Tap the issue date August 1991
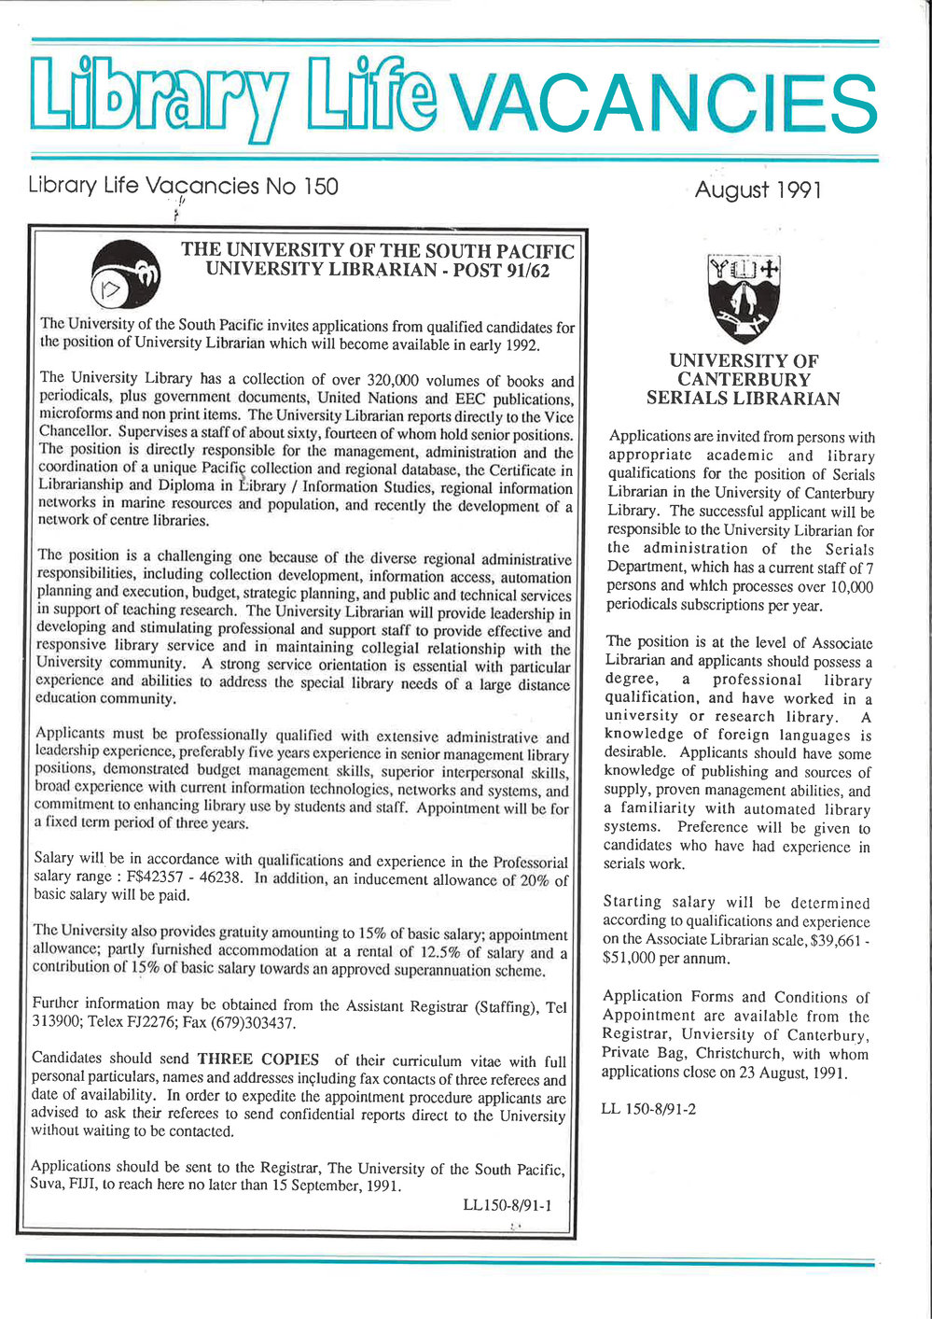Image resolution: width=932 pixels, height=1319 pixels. coord(758,190)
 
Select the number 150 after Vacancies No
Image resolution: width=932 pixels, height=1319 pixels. coord(320,186)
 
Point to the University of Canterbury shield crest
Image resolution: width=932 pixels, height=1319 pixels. coord(744,299)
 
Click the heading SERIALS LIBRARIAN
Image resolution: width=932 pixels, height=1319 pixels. coord(743,400)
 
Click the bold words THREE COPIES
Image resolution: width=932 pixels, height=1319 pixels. coord(257,1059)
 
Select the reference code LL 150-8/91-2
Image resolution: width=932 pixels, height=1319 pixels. coord(648,1110)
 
